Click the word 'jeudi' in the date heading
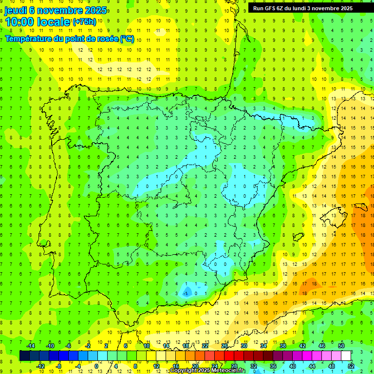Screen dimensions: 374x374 [x=16, y=10]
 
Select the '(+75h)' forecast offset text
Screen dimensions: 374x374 [x=84, y=22]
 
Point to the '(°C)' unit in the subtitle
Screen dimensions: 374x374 [x=127, y=38]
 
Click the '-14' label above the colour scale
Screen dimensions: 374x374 [x=30, y=346]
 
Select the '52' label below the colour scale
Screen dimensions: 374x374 [x=351, y=366]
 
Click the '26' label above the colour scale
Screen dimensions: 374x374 [x=224, y=346]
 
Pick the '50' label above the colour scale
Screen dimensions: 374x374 [x=341, y=346]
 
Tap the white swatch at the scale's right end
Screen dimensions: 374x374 [x=346, y=356]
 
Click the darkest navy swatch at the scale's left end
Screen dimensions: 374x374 [x=24, y=356]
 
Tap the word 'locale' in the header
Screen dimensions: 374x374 [x=53, y=21]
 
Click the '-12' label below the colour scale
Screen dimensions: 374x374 [x=40, y=366]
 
